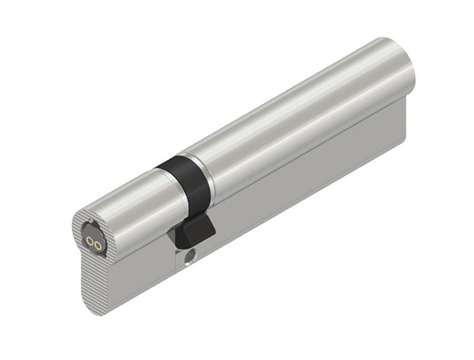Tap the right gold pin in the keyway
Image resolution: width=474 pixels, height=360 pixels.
coord(99,245)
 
